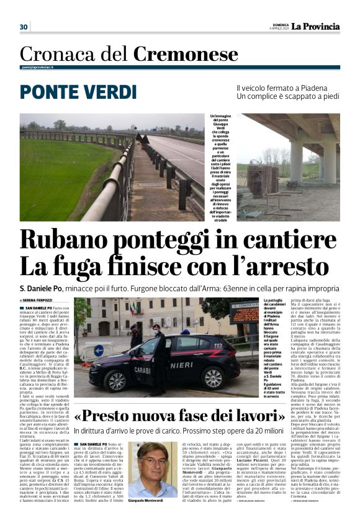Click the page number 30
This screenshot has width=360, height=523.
24,27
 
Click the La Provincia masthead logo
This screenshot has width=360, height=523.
316,26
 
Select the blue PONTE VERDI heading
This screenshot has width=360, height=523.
78,92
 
